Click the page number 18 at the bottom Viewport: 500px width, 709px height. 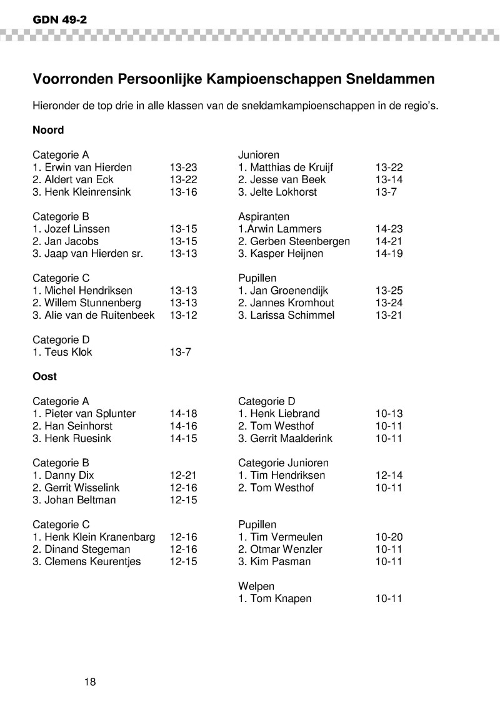(x=90, y=681)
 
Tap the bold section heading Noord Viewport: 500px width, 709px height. (x=48, y=130)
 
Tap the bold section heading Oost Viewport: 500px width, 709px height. (x=44, y=376)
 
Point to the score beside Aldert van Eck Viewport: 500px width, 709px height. (x=183, y=179)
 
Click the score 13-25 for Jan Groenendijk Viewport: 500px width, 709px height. (x=389, y=291)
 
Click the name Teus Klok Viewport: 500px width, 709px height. (x=68, y=352)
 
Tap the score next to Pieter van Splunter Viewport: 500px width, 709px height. (x=183, y=414)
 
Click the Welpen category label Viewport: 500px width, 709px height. (x=256, y=586)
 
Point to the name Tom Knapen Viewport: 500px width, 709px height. (x=281, y=599)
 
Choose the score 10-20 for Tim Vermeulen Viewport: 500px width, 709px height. (x=389, y=537)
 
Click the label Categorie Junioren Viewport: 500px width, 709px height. (x=283, y=463)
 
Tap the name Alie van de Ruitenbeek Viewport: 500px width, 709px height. (x=99, y=315)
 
